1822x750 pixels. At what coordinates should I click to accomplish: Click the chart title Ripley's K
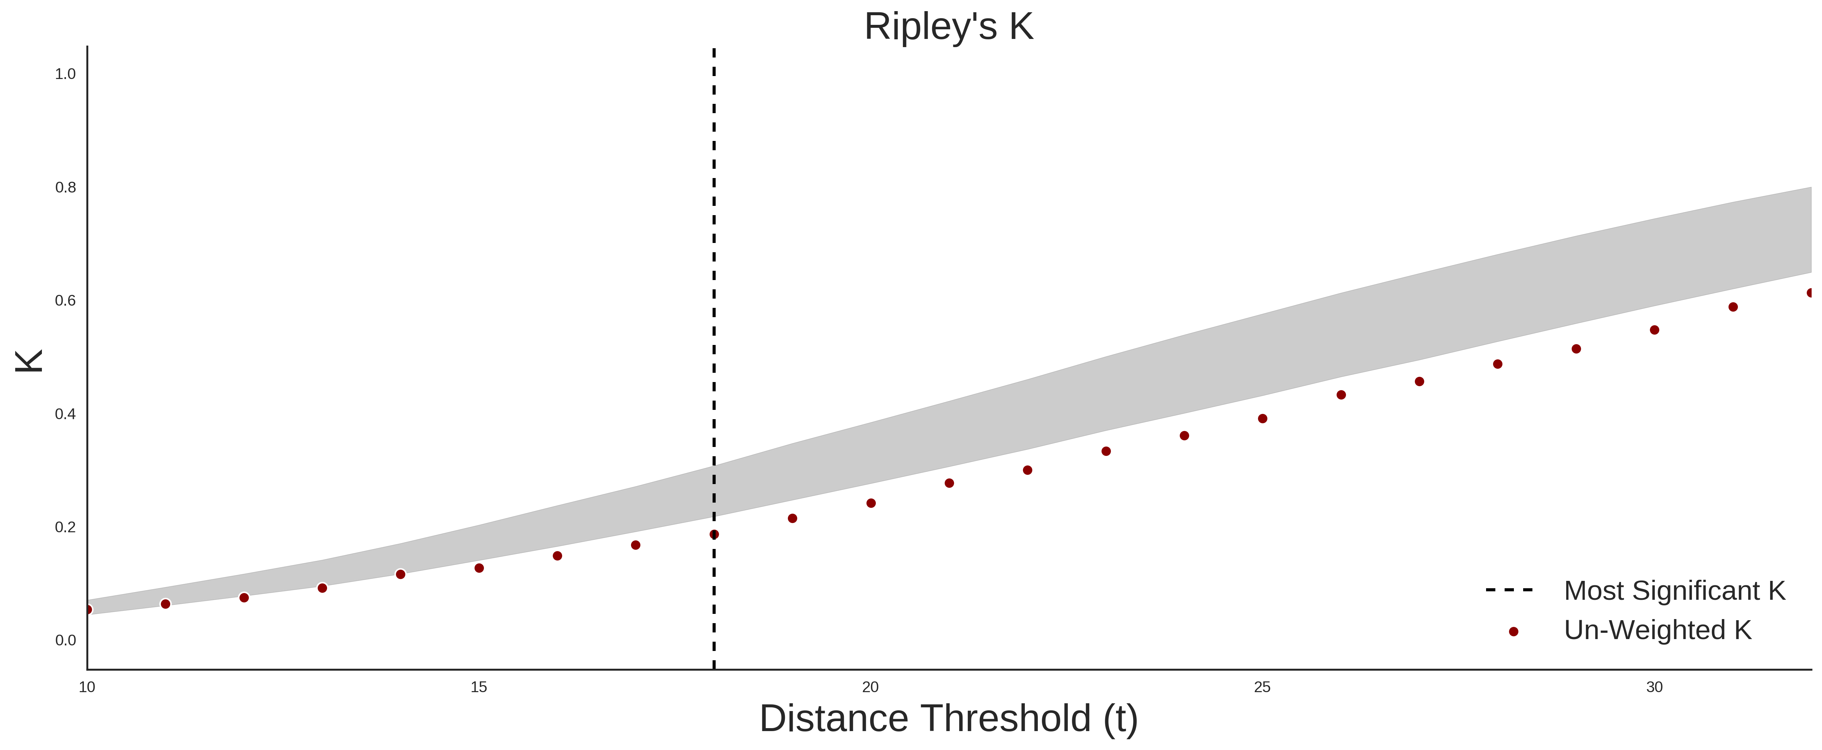948,27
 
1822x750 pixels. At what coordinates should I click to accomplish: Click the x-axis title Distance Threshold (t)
948,719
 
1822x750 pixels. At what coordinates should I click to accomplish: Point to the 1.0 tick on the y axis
65,74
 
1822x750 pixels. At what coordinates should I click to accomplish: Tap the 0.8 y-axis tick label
65,188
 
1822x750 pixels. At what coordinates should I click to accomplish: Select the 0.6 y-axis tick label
65,301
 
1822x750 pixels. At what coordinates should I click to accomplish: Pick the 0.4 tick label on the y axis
65,414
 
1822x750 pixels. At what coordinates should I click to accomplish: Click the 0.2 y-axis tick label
65,527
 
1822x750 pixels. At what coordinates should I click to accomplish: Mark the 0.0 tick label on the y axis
65,640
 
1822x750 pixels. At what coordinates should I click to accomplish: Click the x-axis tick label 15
479,687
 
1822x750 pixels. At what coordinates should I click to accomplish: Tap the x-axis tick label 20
871,687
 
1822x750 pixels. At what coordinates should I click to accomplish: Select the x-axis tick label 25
1262,687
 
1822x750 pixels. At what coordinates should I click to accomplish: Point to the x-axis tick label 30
1654,687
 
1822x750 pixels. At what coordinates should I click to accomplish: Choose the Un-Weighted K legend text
1658,630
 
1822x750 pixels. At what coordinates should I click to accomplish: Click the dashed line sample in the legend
1509,589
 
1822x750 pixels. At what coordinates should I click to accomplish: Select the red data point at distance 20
871,503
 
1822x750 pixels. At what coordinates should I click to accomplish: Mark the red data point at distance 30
1654,330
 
